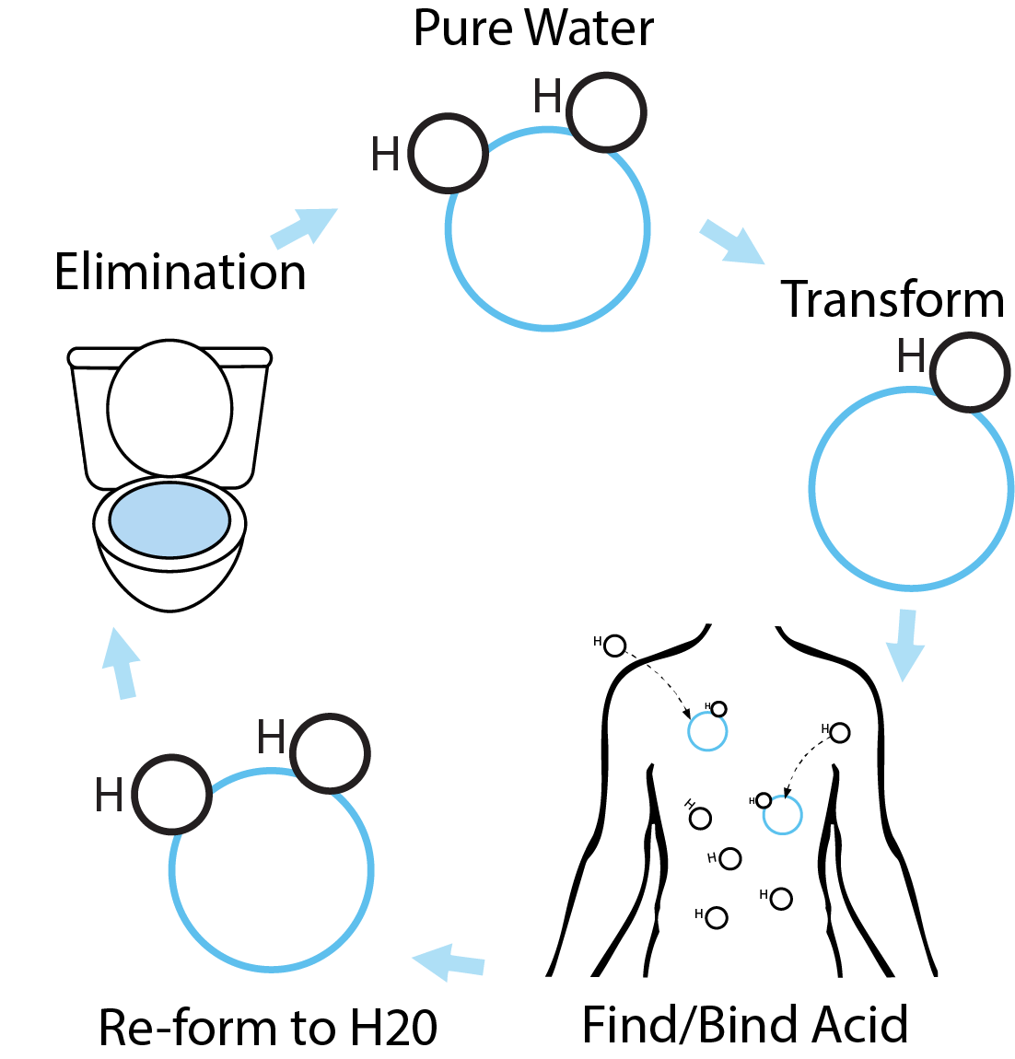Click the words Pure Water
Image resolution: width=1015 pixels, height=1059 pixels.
pyautogui.click(x=533, y=29)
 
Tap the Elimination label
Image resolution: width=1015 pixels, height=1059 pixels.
pyautogui.click(x=180, y=273)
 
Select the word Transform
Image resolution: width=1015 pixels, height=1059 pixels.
pyautogui.click(x=892, y=299)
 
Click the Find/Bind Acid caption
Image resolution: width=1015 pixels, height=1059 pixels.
pyautogui.click(x=745, y=1025)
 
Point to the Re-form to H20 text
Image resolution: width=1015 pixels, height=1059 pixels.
pyautogui.click(x=267, y=1028)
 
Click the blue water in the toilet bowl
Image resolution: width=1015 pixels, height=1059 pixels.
pyautogui.click(x=169, y=519)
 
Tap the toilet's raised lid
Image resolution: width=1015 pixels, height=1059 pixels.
pyautogui.click(x=169, y=408)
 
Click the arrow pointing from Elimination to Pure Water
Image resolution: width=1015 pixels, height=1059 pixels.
pyautogui.click(x=305, y=227)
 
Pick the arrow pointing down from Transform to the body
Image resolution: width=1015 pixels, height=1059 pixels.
pyautogui.click(x=905, y=645)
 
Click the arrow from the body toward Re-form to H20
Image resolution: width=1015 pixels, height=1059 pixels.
pyautogui.click(x=449, y=962)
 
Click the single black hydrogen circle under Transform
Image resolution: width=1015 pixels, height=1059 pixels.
pyautogui.click(x=970, y=373)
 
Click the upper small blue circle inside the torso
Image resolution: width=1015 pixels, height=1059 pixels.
pyautogui.click(x=707, y=732)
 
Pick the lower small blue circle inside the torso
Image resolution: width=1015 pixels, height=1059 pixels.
pyautogui.click(x=783, y=815)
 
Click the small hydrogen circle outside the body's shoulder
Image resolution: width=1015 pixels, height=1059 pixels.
pyautogui.click(x=614, y=646)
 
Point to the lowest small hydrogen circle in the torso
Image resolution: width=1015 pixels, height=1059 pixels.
pyautogui.click(x=716, y=917)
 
